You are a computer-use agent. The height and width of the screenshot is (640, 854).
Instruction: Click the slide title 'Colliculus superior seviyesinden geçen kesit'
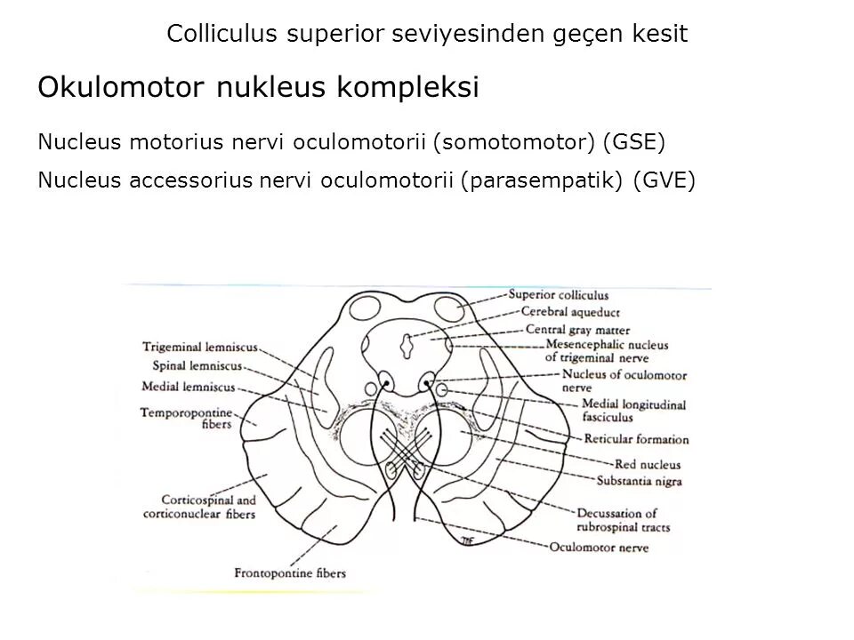pyautogui.click(x=427, y=35)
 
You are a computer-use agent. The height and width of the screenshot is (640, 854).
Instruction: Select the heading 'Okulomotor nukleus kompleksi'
pyautogui.click(x=258, y=87)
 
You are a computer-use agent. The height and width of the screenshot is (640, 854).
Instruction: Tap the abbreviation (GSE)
pyautogui.click(x=633, y=141)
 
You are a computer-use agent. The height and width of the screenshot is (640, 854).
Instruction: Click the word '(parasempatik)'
pyautogui.click(x=544, y=180)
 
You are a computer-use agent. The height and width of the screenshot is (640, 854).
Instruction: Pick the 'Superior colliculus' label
pyautogui.click(x=558, y=295)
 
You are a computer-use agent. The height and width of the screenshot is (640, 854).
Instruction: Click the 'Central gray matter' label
pyautogui.click(x=577, y=329)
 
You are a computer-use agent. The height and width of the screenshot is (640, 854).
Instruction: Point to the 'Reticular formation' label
pyautogui.click(x=636, y=439)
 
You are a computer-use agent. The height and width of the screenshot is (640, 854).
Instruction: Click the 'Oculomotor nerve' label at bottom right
pyautogui.click(x=600, y=547)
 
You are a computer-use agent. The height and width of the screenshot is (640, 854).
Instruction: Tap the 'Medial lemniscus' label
pyautogui.click(x=189, y=387)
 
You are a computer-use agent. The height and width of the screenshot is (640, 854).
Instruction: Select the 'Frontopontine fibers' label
pyautogui.click(x=289, y=572)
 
